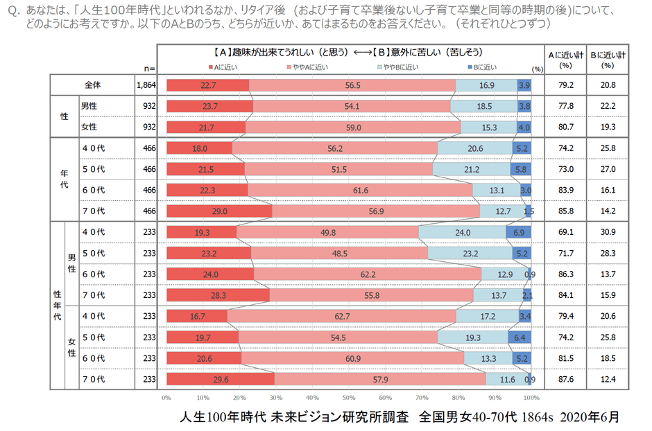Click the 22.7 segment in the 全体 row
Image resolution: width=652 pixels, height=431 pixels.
tap(207, 85)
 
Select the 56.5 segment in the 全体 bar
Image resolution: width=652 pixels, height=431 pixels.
tap(352, 85)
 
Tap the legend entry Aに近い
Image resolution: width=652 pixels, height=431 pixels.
tap(225, 67)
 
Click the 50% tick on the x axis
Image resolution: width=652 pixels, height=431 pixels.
tap(348, 398)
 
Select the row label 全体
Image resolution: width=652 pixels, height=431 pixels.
tap(93, 85)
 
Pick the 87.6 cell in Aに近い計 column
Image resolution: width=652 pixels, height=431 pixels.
tap(565, 380)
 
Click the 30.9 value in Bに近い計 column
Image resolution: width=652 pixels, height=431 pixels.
tap(608, 232)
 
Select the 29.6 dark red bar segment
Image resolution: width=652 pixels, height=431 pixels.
tap(220, 380)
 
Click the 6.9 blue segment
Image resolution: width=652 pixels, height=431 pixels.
tap(519, 232)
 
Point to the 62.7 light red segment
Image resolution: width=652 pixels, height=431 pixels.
tap(341, 316)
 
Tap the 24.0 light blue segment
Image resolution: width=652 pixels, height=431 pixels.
tap(462, 232)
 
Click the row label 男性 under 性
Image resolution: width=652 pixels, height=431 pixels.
tap(89, 106)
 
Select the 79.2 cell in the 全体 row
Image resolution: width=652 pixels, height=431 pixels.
tap(565, 85)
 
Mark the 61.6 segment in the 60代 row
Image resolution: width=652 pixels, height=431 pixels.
tap(360, 190)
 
